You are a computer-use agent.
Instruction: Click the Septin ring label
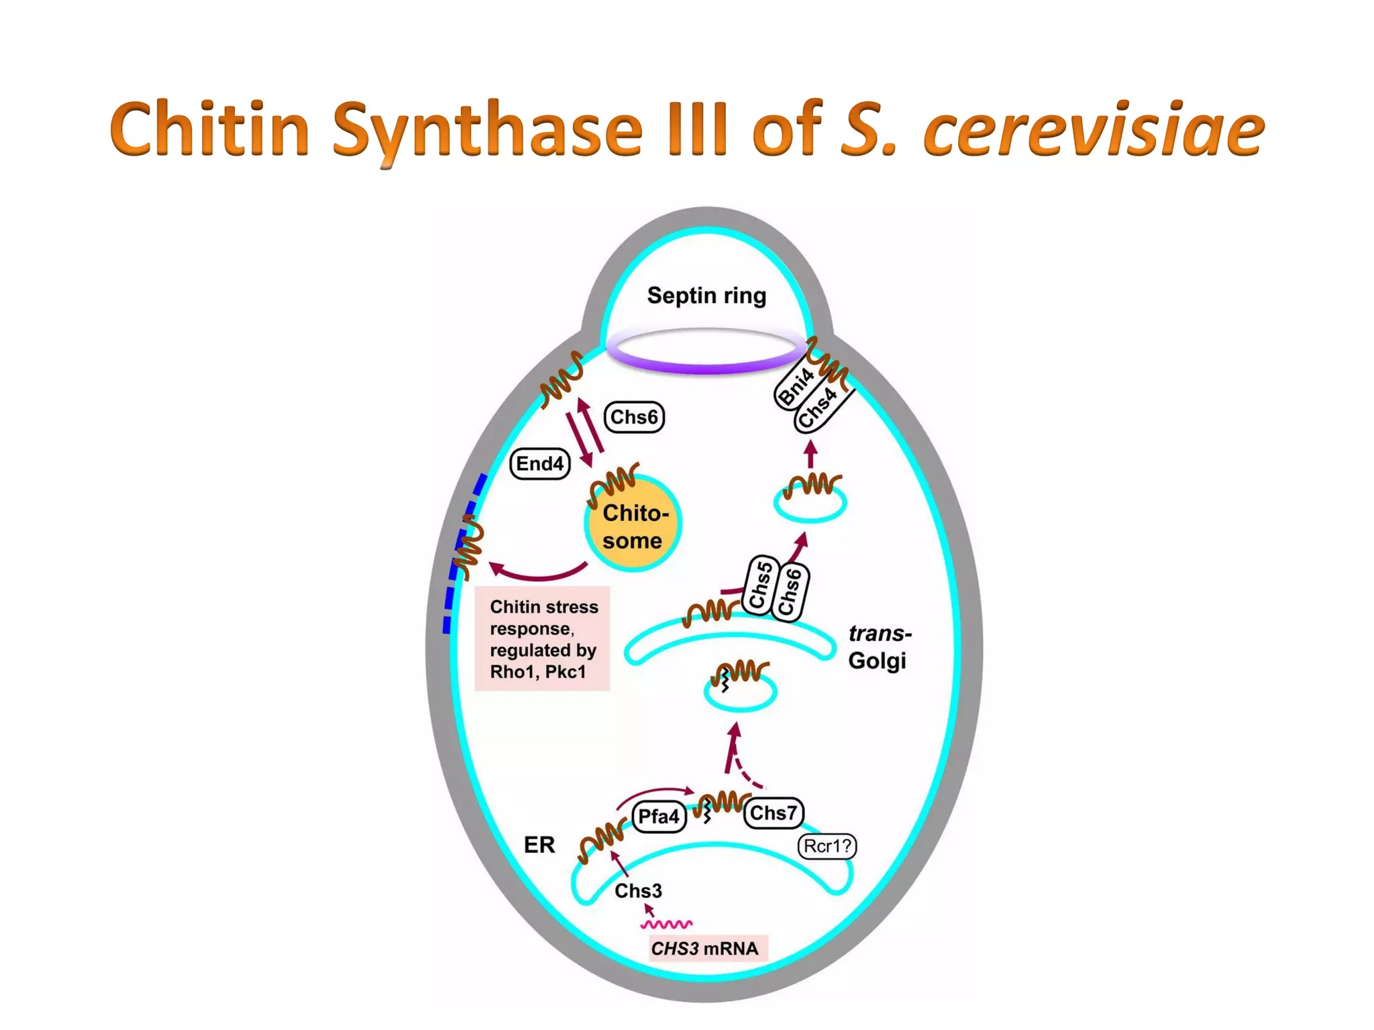tap(706, 296)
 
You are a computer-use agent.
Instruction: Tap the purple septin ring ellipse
tap(706, 366)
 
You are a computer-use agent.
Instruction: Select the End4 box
tap(540, 464)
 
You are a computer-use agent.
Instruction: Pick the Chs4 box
tap(819, 408)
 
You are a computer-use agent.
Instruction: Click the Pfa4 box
tap(659, 817)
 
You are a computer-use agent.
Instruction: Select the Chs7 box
tap(774, 813)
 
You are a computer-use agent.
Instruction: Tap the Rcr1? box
tap(827, 846)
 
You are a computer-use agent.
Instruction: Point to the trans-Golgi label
tap(880, 647)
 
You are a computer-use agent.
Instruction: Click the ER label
tap(539, 845)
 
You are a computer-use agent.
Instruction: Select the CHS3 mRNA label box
tap(706, 949)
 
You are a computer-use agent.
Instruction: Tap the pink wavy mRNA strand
tap(666, 925)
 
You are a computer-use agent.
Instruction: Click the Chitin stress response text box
tap(542, 638)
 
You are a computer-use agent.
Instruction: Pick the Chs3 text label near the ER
tap(638, 891)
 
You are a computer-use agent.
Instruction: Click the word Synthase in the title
tap(488, 129)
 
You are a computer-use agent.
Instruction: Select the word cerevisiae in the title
tap(1094, 129)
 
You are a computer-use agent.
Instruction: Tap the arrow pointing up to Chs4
tap(811, 454)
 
